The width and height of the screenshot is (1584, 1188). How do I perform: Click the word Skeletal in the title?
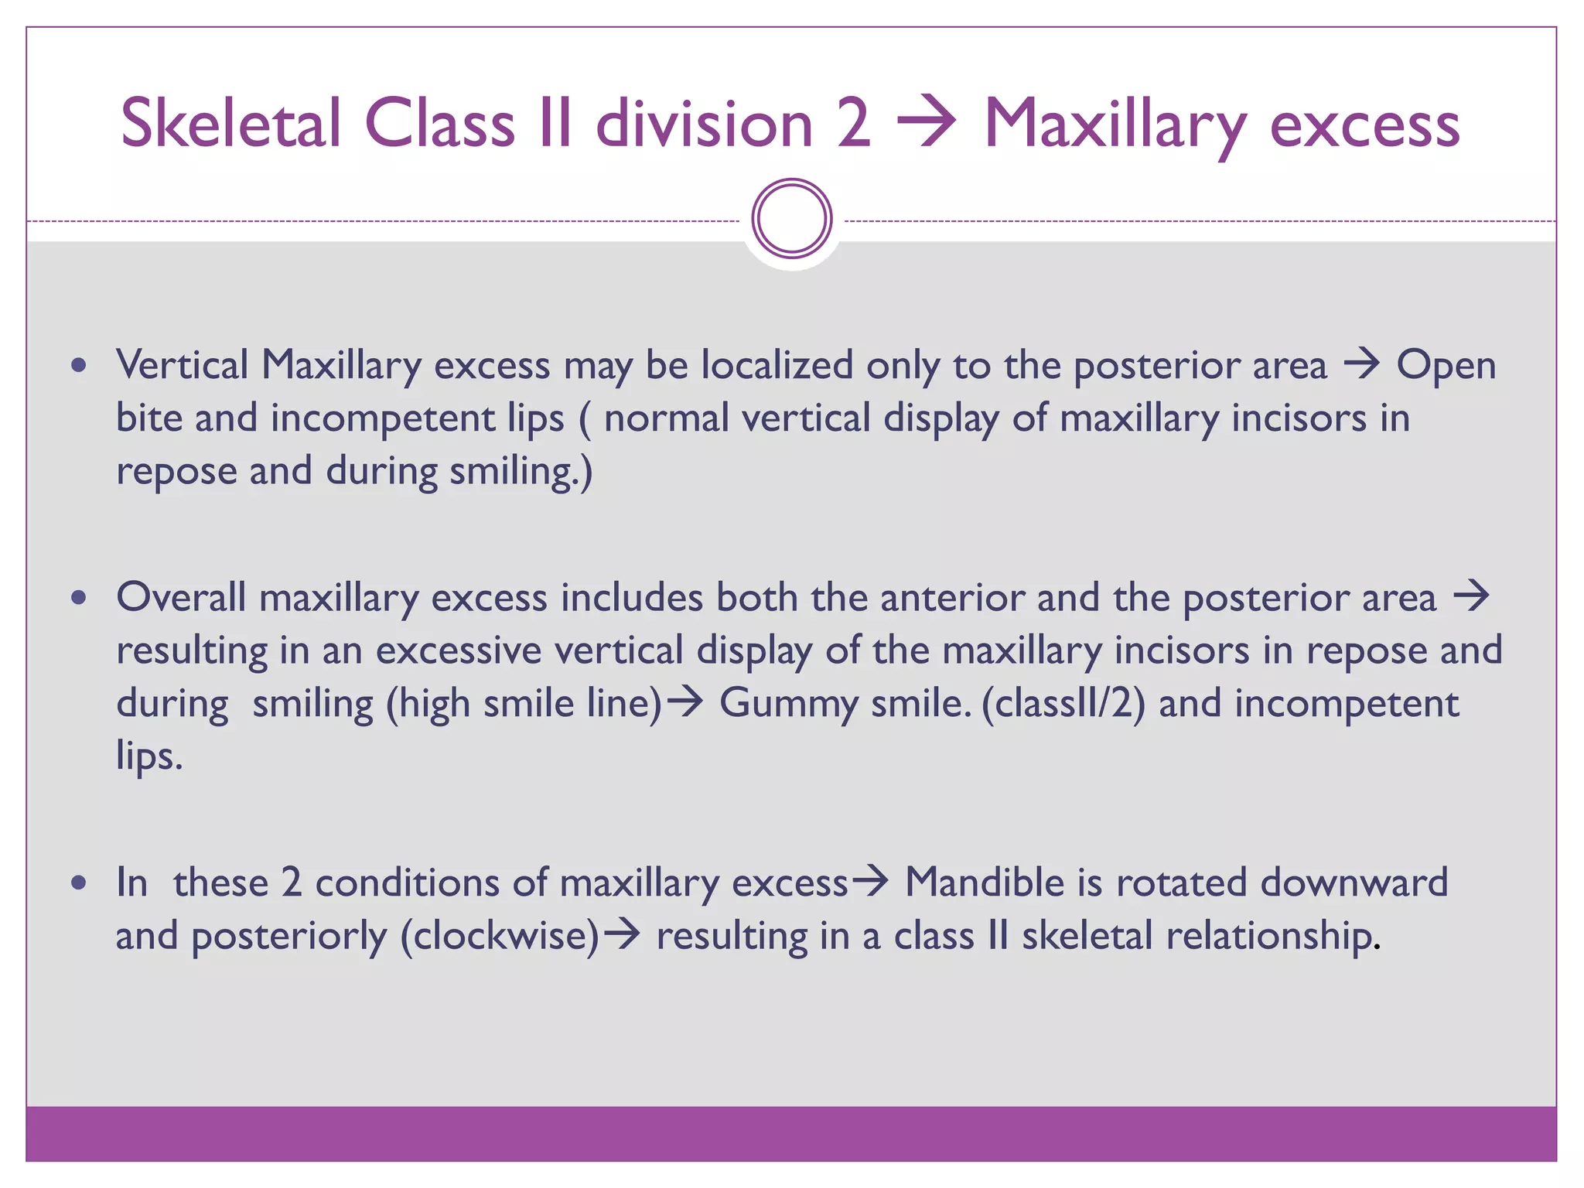(230, 124)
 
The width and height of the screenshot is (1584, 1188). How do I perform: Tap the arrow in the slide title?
(927, 124)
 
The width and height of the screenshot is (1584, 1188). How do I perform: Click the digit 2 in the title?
(852, 124)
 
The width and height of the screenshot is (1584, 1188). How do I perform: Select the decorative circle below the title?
(791, 219)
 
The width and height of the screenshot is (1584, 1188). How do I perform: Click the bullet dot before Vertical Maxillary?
(78, 365)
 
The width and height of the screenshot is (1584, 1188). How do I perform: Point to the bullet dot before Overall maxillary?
(78, 598)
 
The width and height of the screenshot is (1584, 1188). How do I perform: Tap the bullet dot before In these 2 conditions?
(78, 882)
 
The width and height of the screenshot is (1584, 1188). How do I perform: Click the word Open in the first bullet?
(1446, 365)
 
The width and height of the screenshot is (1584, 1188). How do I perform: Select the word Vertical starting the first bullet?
(183, 365)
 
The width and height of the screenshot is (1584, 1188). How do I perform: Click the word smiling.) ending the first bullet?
(521, 471)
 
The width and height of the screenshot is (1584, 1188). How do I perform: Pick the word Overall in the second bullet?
(181, 598)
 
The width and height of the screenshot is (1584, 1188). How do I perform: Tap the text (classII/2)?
(1063, 704)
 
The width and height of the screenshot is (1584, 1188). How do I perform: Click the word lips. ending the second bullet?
(149, 756)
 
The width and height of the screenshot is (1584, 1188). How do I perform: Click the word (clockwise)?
(500, 936)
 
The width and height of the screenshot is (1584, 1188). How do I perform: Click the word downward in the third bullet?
(1354, 882)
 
